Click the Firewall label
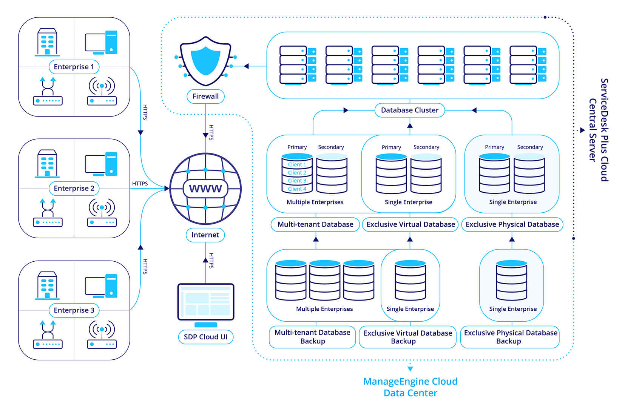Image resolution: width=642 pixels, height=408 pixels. (x=205, y=96)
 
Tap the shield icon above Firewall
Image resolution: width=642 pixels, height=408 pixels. (x=205, y=60)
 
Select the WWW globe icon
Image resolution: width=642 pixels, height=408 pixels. (x=205, y=189)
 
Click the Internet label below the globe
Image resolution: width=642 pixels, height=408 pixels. (x=205, y=235)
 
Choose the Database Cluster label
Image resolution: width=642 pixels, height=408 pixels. (x=410, y=110)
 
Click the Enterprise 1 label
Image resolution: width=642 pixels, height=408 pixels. (x=74, y=67)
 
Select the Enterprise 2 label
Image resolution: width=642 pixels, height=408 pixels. (x=74, y=188)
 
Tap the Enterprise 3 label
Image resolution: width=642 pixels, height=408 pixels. (x=74, y=310)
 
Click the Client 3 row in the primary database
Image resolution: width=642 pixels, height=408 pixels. (x=297, y=181)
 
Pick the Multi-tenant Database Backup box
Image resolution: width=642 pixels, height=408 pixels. (x=312, y=337)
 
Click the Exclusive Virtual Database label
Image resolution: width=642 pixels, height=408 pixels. (x=411, y=224)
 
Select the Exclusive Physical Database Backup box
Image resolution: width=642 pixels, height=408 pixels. (x=510, y=337)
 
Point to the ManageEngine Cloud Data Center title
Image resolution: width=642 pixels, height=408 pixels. (x=410, y=387)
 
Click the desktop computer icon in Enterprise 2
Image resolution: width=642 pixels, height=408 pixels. (x=101, y=164)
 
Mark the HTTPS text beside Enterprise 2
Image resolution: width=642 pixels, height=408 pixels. (x=140, y=184)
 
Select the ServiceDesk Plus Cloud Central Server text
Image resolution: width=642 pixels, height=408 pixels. (x=599, y=130)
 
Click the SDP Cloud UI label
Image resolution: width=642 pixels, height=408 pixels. (x=205, y=337)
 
